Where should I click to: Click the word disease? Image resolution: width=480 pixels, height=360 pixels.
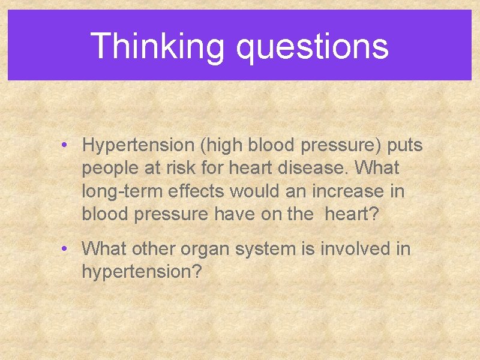point(310,169)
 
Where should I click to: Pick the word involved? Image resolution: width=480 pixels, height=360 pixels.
point(353,248)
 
